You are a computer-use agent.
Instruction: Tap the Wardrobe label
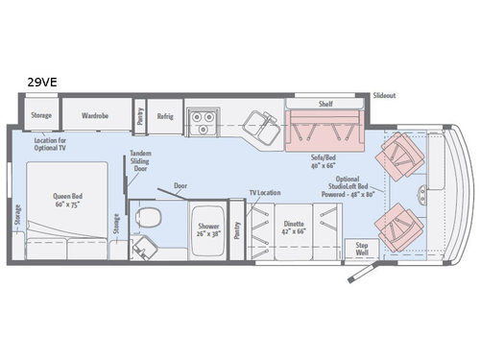(94, 114)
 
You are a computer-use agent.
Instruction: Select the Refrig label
(164, 115)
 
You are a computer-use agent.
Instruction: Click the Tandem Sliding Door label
(142, 161)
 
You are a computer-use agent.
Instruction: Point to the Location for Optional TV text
(50, 144)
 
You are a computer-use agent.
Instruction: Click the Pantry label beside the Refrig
(140, 116)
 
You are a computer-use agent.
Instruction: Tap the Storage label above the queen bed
(40, 114)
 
